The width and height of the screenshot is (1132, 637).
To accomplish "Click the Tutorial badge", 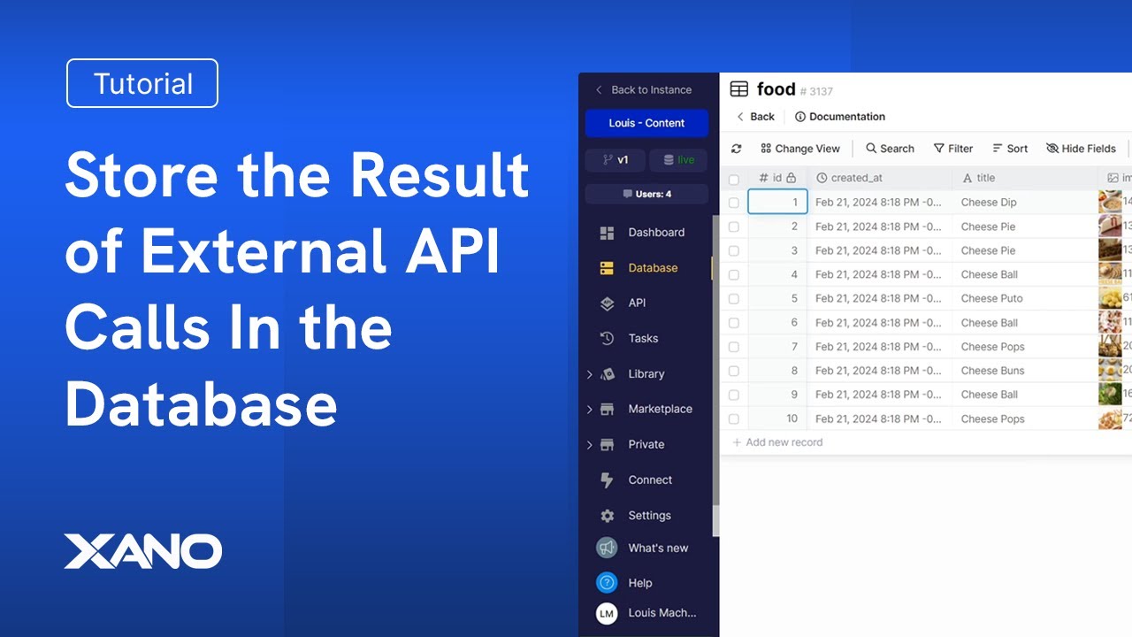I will tap(142, 83).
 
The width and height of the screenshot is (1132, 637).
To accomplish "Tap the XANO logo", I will tap(143, 551).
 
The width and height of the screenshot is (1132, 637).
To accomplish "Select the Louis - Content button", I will tap(646, 123).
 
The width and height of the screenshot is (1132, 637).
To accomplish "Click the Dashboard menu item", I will tap(655, 233).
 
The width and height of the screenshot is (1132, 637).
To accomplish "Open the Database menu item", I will tap(652, 268).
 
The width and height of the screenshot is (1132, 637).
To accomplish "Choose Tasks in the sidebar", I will tap(642, 338).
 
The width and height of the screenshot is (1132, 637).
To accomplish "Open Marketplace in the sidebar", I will tap(659, 409).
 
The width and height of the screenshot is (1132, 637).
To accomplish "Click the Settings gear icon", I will tap(607, 516).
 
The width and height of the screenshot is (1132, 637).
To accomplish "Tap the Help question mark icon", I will tap(607, 583).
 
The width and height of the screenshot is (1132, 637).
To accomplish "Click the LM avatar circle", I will tap(607, 613).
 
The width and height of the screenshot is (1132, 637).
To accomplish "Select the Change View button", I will tap(799, 149).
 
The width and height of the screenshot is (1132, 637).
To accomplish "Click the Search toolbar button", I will tap(890, 149).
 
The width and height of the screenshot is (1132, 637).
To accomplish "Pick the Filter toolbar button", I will tap(953, 149).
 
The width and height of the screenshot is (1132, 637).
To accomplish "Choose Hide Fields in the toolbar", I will tap(1081, 149).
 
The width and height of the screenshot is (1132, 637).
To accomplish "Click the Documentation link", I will tap(840, 117).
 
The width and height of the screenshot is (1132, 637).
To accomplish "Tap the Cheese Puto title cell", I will tap(991, 298).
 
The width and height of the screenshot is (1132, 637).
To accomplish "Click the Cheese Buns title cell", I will tap(992, 371).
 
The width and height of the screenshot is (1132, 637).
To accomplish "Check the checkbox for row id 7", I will tap(734, 347).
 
